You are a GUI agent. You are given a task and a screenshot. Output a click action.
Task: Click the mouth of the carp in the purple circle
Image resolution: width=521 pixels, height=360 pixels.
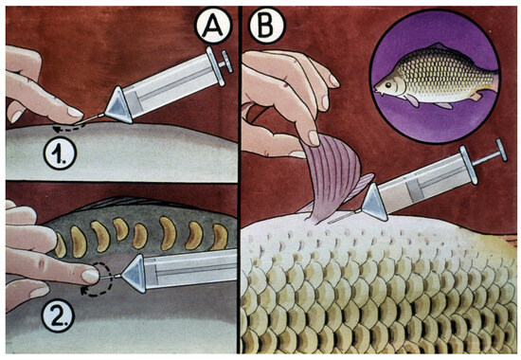click(376, 90)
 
